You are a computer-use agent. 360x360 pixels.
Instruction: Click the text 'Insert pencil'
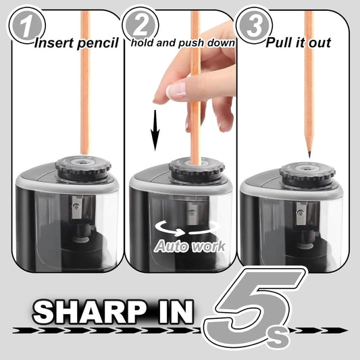(x=76, y=44)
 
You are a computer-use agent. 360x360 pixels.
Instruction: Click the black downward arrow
(x=155, y=128)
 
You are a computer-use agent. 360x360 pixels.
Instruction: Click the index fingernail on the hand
(x=162, y=93)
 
